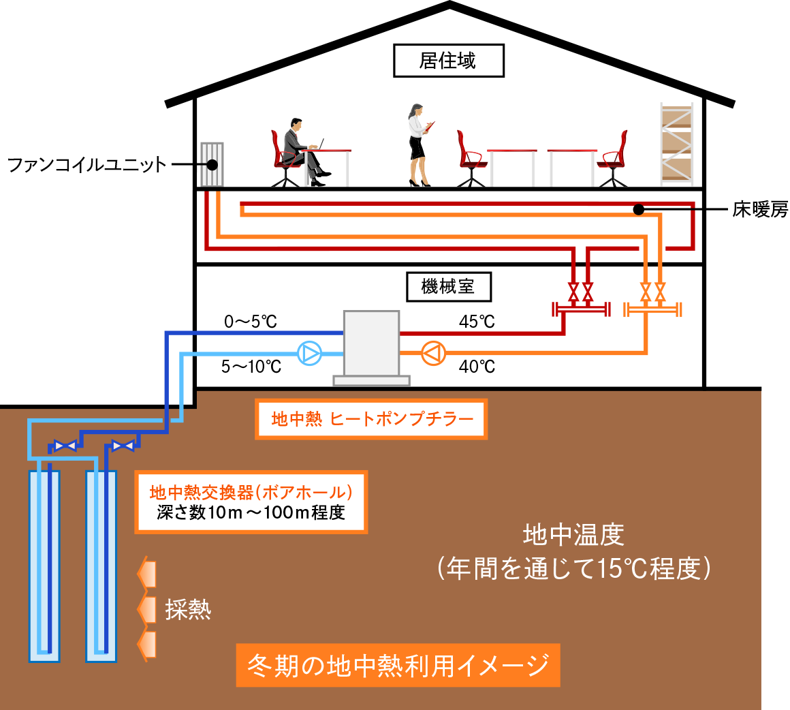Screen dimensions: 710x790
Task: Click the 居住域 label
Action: (448, 61)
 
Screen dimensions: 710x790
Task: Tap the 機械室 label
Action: (448, 287)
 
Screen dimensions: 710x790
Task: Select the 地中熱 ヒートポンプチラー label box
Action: (371, 419)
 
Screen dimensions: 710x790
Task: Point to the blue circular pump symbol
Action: (309, 353)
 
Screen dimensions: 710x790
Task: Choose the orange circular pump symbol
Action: (433, 353)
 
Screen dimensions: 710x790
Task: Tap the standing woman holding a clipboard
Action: (417, 143)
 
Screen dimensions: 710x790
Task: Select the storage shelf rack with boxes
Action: (676, 144)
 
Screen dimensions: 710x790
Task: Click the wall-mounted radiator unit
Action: (212, 164)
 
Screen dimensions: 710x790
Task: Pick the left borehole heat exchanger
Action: (44, 566)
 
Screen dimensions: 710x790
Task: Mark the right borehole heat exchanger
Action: (101, 566)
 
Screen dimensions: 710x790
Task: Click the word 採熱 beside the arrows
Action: (188, 609)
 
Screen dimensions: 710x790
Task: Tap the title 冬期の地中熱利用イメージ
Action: (398, 665)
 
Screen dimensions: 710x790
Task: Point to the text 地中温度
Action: (573, 535)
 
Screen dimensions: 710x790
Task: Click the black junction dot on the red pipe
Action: (638, 209)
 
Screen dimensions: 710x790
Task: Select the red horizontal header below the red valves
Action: (580, 311)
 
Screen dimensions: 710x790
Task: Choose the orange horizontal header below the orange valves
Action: (652, 311)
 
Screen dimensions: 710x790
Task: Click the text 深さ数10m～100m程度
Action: (251, 512)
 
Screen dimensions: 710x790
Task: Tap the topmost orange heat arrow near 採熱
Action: (147, 574)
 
